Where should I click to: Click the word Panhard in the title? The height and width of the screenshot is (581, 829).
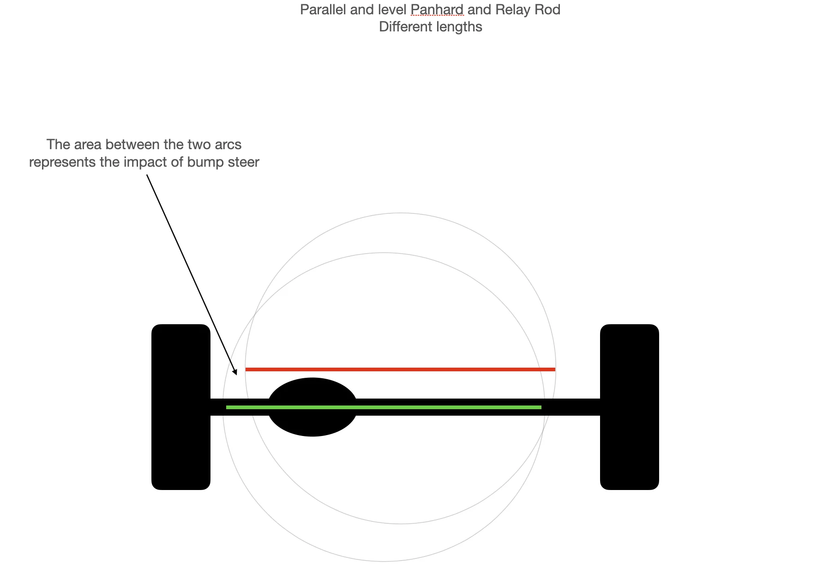tap(437, 10)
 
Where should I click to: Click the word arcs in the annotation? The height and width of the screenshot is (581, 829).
tap(228, 145)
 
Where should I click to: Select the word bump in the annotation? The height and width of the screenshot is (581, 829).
tap(203, 162)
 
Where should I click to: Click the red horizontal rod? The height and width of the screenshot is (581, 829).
tap(400, 369)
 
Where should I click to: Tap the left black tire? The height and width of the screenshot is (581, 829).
tap(181, 407)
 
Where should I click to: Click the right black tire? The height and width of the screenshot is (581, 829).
tap(629, 407)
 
